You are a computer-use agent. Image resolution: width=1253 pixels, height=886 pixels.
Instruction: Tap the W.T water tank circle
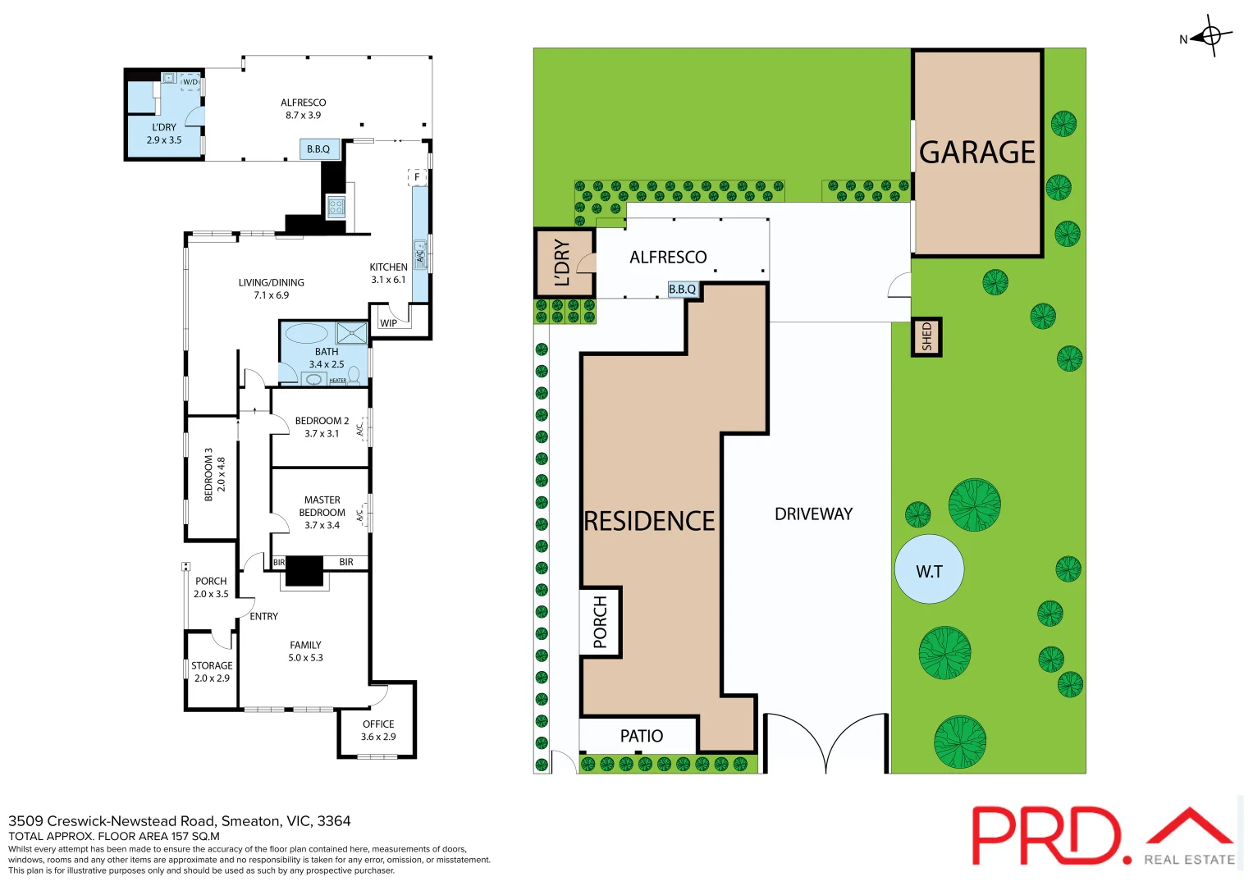pos(929,570)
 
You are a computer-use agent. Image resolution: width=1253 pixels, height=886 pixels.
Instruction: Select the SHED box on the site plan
pos(926,336)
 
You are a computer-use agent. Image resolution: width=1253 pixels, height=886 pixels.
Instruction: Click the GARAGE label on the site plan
pos(976,153)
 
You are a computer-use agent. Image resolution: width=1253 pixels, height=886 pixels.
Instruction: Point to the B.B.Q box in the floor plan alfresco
pos(318,148)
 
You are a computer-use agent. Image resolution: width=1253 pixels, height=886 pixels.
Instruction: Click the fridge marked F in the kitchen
pos(417,177)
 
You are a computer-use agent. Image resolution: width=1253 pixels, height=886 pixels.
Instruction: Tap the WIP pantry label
pos(388,323)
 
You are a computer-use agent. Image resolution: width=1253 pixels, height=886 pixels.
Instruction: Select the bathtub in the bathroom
pos(306,333)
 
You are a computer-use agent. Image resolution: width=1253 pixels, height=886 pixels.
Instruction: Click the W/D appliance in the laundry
pos(190,82)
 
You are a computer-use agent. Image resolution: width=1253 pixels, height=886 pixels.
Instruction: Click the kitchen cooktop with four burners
pos(336,207)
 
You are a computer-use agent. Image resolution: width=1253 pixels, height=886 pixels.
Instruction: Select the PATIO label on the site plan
pos(641,736)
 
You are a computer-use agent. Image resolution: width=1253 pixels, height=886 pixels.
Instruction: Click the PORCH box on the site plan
pos(601,622)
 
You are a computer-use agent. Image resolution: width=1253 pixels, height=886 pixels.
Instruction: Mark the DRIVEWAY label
pos(813,514)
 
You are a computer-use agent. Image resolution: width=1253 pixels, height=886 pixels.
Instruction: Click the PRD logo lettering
pos(1046,836)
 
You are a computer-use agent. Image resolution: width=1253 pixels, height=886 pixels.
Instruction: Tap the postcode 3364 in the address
pos(334,821)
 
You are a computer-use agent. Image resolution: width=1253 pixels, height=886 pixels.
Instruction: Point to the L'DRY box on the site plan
pos(564,263)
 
